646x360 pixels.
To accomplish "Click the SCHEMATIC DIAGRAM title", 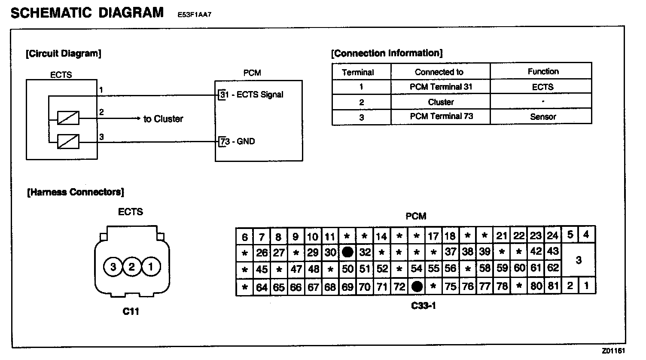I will click(x=87, y=12).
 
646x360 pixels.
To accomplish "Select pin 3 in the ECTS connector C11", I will click(x=113, y=267).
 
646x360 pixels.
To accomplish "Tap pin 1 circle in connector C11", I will click(x=150, y=267).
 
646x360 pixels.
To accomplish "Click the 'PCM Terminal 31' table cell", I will click(x=441, y=87).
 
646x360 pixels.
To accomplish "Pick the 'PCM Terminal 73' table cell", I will click(x=441, y=116).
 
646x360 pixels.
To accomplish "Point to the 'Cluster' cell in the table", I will click(x=441, y=102).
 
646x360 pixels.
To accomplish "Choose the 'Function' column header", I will click(x=543, y=71).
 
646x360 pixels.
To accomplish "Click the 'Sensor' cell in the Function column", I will click(x=543, y=116).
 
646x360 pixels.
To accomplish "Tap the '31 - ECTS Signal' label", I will click(x=252, y=95).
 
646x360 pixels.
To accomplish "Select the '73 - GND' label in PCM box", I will click(x=238, y=141).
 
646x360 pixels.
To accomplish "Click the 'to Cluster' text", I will click(x=163, y=119).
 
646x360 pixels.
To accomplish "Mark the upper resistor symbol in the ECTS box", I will click(x=68, y=118).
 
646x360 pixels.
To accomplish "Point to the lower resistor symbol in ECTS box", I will click(x=68, y=141).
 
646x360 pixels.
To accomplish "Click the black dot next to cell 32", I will click(x=347, y=252).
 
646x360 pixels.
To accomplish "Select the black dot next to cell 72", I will click(x=417, y=287).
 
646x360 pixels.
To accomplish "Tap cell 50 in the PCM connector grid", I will click(x=347, y=269).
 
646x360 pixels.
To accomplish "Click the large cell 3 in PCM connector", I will click(x=579, y=260).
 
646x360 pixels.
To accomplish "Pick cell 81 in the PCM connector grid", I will click(x=553, y=286).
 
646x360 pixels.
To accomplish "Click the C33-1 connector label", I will click(x=424, y=306).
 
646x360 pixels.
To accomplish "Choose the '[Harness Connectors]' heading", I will click(x=76, y=192).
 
